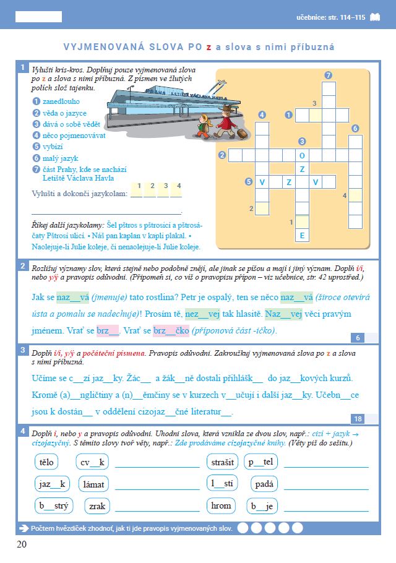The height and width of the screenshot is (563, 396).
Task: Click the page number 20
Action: click(22, 544)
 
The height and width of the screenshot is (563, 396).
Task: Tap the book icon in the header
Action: click(376, 18)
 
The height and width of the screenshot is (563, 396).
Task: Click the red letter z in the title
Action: click(209, 46)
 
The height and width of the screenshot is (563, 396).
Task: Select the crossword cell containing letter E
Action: click(302, 236)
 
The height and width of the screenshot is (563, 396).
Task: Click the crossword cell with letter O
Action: click(302, 155)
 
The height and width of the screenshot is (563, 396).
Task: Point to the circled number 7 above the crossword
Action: click(329, 75)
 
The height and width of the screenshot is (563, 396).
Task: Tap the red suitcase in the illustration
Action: click(241, 132)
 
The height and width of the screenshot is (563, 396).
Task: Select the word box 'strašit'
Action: click(222, 462)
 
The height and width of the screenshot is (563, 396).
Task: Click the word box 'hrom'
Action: click(221, 505)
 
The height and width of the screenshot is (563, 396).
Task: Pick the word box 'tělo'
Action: click(46, 462)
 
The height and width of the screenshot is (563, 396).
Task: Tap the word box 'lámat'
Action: click(93, 484)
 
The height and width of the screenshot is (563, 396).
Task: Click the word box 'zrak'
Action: click(97, 506)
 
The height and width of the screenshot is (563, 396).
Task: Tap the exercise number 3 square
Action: click(22, 351)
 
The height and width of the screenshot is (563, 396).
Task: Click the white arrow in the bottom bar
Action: click(25, 528)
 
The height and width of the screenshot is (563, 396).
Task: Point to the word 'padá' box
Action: click(266, 484)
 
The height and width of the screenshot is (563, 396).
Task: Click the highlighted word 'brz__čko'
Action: click(171, 330)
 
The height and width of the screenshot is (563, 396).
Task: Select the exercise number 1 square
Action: click(22, 67)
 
